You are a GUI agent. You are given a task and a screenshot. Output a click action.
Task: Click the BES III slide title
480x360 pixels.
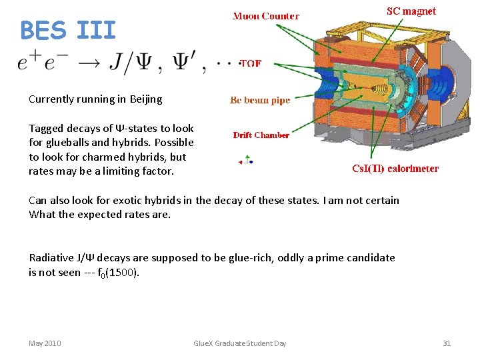(68, 30)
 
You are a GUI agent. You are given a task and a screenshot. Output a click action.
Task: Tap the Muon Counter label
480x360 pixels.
(265, 16)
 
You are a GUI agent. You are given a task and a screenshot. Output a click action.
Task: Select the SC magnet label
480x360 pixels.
(411, 11)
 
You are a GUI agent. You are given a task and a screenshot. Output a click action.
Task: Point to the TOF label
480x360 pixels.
(250, 64)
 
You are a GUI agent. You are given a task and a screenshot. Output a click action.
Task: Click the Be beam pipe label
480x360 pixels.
(260, 100)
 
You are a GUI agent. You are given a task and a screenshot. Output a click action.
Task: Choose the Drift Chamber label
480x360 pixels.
(261, 135)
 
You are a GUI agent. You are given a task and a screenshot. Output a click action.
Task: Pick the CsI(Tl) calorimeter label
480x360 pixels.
(395, 169)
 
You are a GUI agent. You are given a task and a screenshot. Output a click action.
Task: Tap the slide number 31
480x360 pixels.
(447, 343)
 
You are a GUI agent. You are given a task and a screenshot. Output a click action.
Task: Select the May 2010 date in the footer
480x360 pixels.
(45, 343)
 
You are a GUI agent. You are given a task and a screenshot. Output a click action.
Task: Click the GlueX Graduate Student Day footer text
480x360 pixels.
(239, 343)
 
